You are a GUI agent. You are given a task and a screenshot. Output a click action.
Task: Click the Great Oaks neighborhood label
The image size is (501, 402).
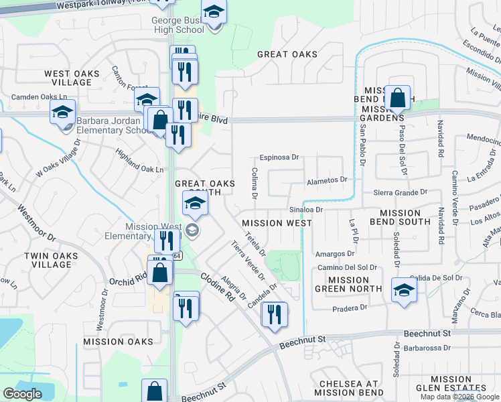click(x=287, y=54)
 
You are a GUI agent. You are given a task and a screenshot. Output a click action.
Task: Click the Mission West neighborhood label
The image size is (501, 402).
click(x=277, y=223)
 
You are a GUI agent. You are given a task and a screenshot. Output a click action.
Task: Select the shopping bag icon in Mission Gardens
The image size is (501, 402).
click(x=398, y=98)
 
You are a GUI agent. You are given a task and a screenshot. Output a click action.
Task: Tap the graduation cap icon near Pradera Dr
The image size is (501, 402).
click(x=405, y=291)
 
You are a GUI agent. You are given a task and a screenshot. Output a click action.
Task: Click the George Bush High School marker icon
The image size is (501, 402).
click(x=214, y=12)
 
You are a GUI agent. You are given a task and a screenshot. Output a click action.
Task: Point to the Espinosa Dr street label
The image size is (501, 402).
click(x=279, y=157)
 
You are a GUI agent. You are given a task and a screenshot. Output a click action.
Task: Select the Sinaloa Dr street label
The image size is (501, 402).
click(x=306, y=209)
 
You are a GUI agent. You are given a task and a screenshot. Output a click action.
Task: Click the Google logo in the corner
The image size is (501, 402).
click(x=23, y=393)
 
